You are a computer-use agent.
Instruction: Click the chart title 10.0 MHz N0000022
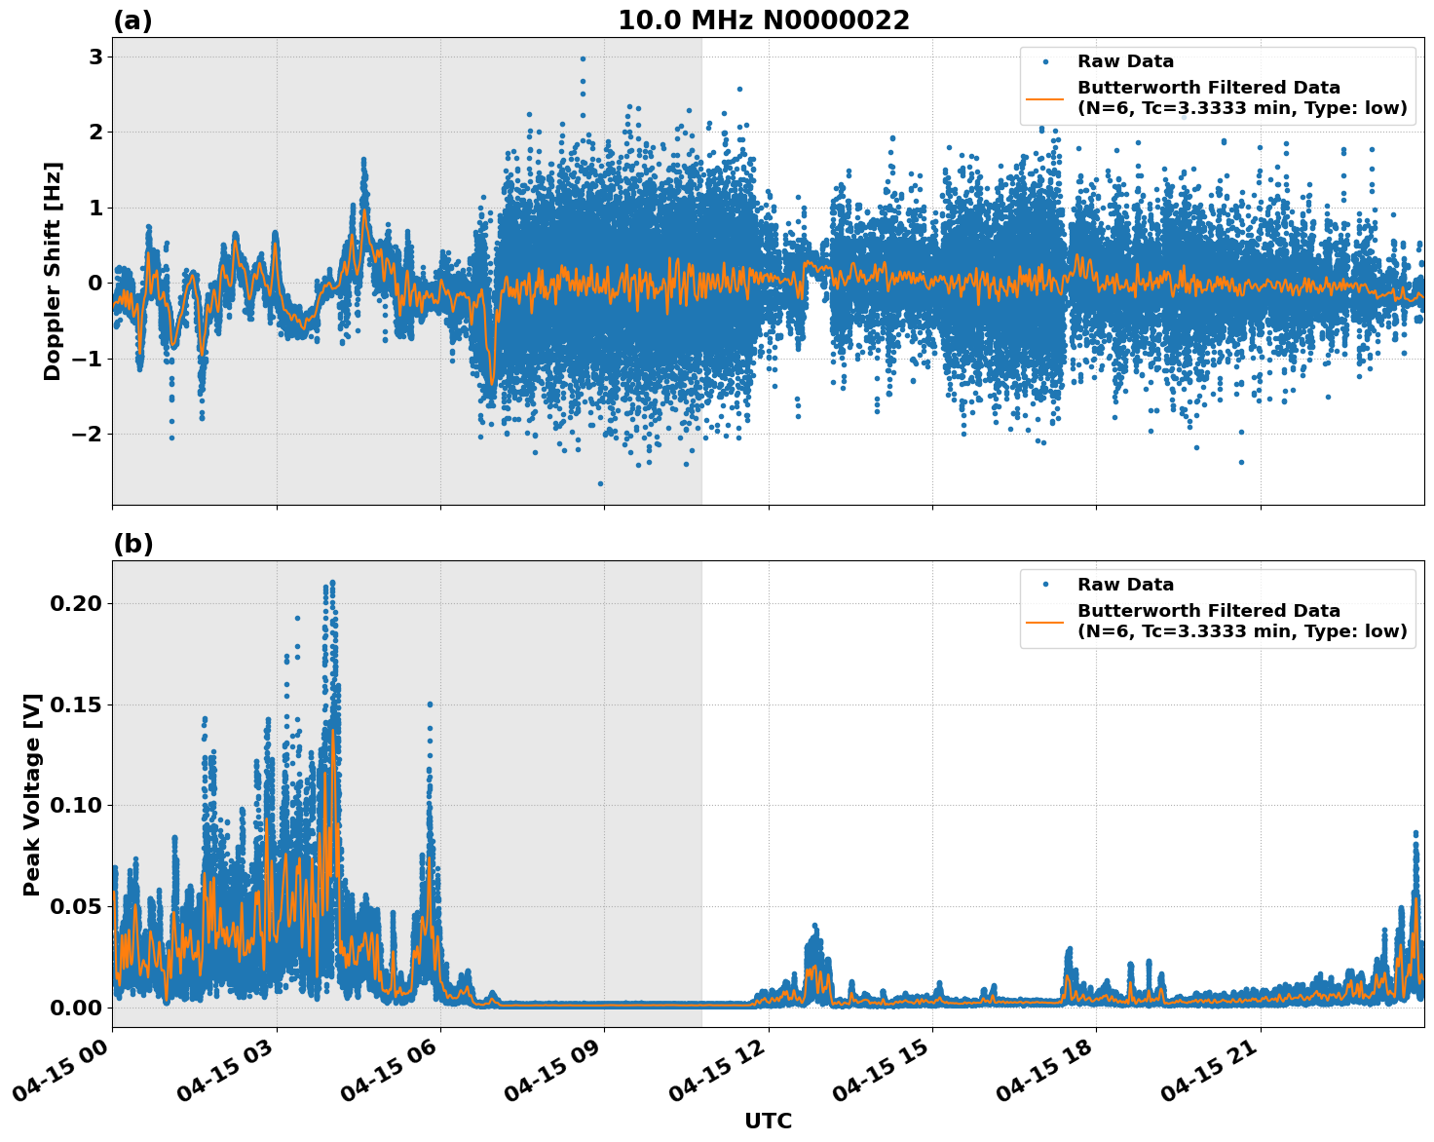764,20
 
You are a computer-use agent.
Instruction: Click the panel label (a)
132,20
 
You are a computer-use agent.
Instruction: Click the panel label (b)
132,544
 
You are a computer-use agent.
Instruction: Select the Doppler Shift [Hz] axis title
53,271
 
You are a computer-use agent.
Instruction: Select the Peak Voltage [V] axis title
32,794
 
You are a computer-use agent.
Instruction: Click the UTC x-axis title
768,1121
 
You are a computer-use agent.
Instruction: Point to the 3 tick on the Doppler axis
95,57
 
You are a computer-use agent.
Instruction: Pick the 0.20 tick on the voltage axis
75,603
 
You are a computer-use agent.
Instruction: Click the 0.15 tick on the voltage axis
75,704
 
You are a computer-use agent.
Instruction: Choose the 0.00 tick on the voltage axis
75,1007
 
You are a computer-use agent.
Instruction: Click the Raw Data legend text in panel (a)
1125,61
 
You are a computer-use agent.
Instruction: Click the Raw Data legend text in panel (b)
1125,585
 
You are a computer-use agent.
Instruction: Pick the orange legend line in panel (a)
1045,98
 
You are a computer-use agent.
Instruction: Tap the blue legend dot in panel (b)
1045,585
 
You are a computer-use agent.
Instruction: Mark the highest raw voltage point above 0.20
332,583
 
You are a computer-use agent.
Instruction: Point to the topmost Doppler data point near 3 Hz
583,58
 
